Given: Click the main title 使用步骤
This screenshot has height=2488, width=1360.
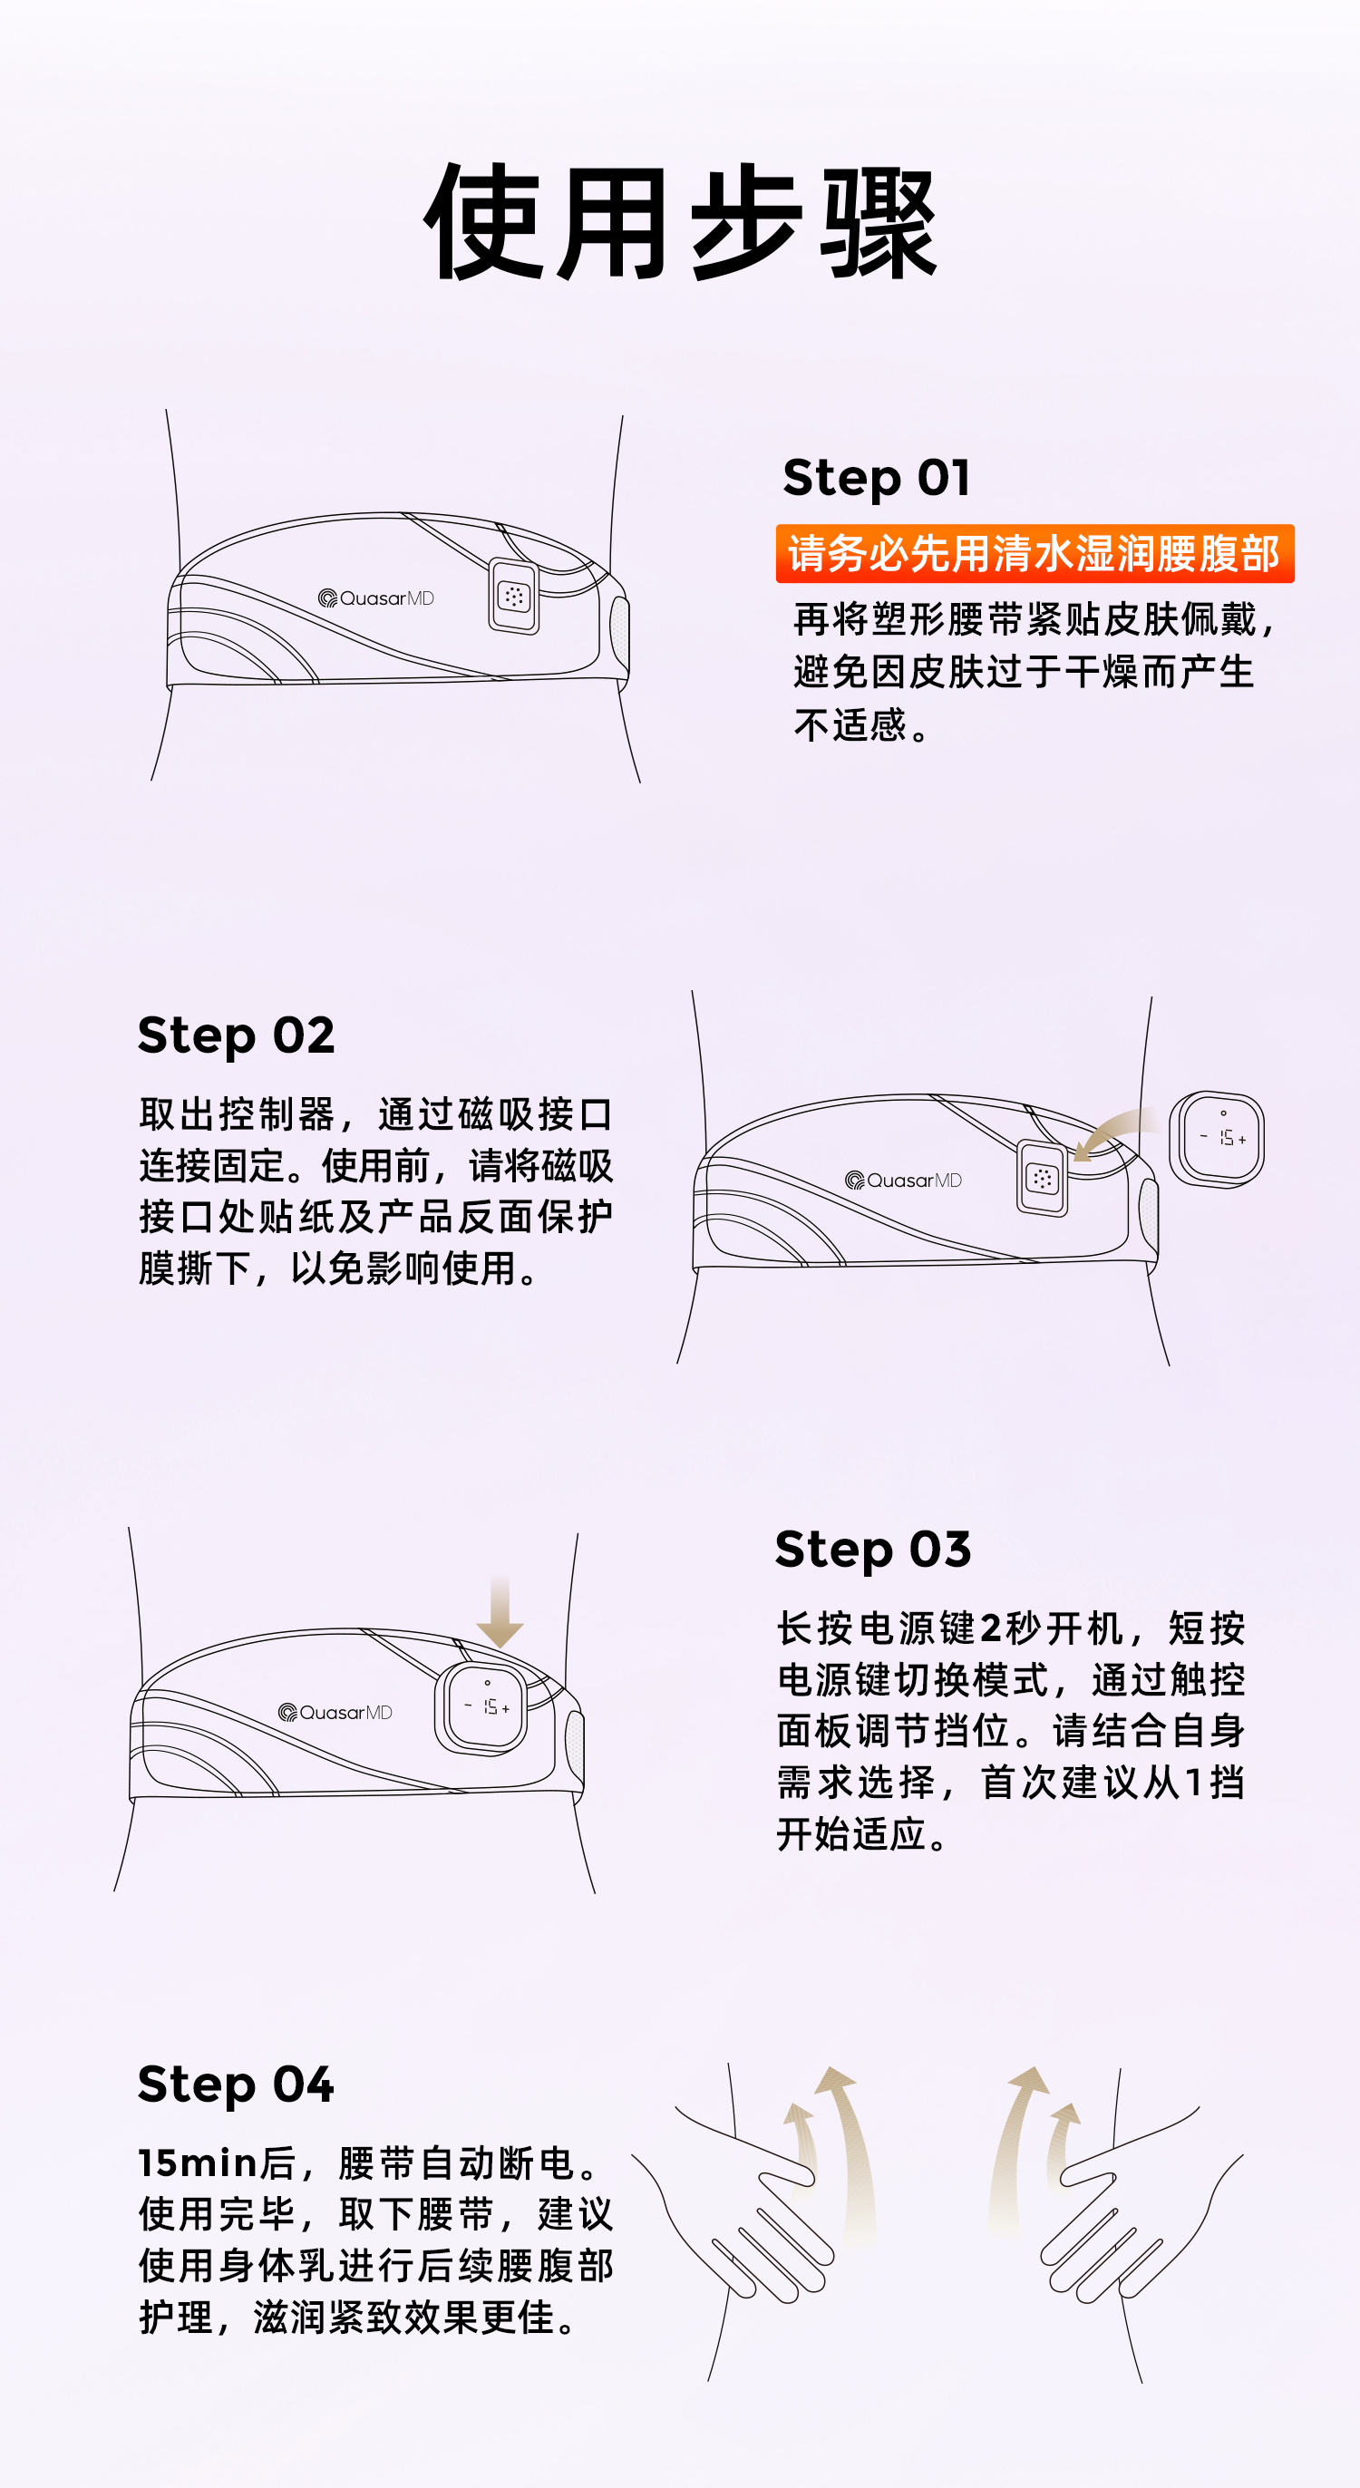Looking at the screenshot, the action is click(x=681, y=223).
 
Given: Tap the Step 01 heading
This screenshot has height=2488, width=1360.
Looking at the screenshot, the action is click(x=876, y=478).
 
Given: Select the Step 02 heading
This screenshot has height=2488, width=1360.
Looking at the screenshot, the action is click(x=237, y=1036).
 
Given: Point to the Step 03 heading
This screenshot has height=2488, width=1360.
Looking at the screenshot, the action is click(x=873, y=1550).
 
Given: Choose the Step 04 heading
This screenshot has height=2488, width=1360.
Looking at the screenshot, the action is click(x=237, y=2085).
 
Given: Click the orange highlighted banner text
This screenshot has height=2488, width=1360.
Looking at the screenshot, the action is click(x=1035, y=553).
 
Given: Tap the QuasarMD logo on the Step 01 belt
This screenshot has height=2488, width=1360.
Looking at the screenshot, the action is click(x=375, y=598).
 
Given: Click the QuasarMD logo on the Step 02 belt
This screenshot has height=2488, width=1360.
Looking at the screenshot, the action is click(x=903, y=1181).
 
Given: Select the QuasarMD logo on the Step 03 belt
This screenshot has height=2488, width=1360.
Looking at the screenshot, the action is click(x=335, y=1713).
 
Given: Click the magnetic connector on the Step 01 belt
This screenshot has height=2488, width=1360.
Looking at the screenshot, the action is click(x=514, y=597).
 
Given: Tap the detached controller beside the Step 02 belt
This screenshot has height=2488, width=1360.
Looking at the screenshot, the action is click(x=1217, y=1139).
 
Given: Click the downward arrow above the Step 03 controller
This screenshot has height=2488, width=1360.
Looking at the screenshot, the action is click(x=500, y=1612).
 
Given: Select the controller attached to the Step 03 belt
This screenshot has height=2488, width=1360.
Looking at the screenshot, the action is click(x=482, y=1708).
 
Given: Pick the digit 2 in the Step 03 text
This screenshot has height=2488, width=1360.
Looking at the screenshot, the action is click(x=991, y=1629).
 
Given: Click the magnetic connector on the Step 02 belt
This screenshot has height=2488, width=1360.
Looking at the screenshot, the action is click(x=1043, y=1177).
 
